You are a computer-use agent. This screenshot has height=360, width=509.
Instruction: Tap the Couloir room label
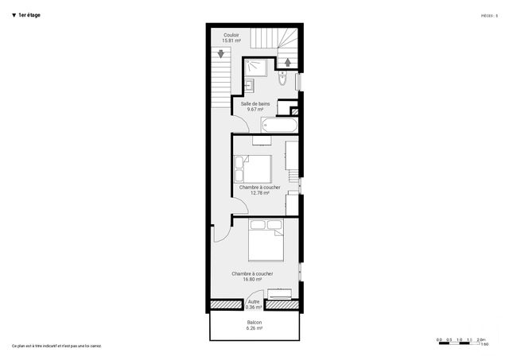[x=231, y=35]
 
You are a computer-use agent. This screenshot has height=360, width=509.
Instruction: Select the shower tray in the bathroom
[x=257, y=66]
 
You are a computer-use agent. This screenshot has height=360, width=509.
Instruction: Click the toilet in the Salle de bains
[x=283, y=79]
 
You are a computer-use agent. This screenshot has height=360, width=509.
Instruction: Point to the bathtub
[x=278, y=126]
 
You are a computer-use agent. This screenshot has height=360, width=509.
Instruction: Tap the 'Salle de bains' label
[x=254, y=103]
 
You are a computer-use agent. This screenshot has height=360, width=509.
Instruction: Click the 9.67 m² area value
[x=254, y=109]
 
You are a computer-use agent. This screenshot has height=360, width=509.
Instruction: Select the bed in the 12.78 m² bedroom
[x=254, y=168]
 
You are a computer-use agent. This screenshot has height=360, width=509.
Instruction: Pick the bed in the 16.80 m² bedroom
[x=266, y=241]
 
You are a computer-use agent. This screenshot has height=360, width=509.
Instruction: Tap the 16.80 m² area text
[x=252, y=279]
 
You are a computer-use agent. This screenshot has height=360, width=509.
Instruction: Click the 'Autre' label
[x=254, y=302]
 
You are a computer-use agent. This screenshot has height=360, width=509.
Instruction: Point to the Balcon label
[x=254, y=323]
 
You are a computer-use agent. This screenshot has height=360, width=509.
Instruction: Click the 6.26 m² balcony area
[x=254, y=328]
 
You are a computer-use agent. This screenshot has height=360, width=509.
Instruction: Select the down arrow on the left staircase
[x=222, y=55]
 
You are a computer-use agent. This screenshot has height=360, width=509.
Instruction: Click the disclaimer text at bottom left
[x=56, y=346]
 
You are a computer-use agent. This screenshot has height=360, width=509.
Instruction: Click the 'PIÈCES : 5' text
[x=489, y=15]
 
